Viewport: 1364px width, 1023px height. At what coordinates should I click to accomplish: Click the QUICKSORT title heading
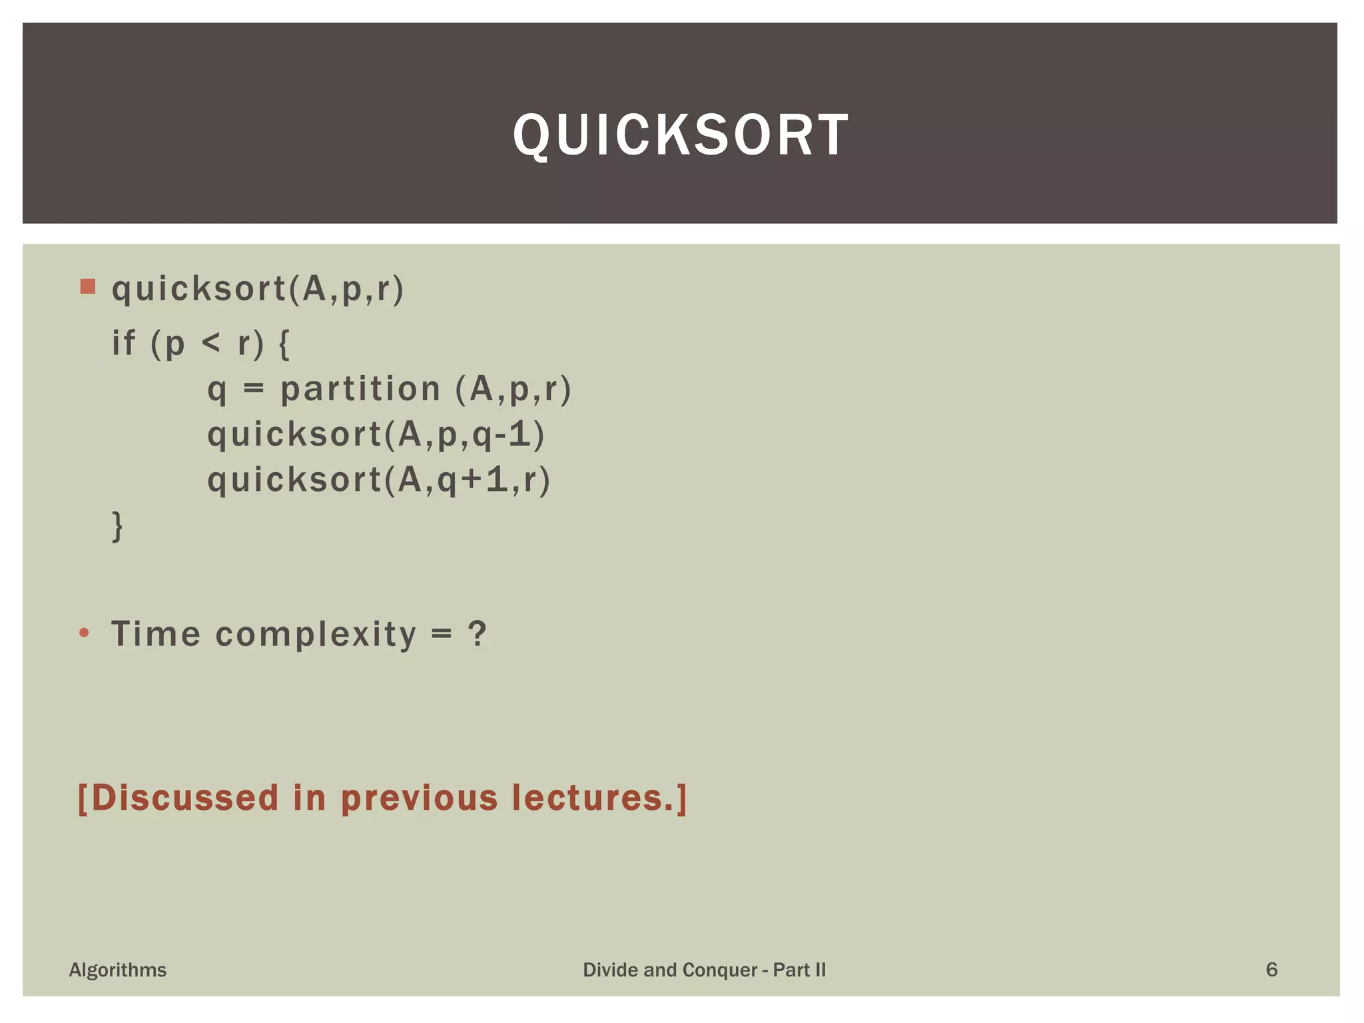click(681, 135)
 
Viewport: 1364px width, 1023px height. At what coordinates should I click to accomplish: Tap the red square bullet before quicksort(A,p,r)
click(87, 286)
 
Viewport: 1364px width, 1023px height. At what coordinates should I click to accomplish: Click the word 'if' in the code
click(124, 344)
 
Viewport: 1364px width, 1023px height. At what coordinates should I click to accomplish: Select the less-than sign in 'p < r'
click(210, 344)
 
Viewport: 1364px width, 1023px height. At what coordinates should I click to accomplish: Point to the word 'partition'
click(360, 390)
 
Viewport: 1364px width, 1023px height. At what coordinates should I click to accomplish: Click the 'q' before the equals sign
click(216, 391)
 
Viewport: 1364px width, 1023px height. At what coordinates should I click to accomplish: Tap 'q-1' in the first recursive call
click(502, 435)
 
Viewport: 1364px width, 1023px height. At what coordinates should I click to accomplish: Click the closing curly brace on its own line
click(117, 526)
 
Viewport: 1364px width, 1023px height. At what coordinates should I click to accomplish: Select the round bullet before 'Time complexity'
click(84, 633)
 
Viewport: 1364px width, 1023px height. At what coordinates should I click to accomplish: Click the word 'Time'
click(156, 633)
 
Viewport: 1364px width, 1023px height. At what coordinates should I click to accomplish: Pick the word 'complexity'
click(316, 635)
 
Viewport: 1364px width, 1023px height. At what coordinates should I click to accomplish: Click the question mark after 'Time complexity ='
click(477, 633)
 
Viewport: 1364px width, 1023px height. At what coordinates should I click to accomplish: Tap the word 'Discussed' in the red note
click(184, 797)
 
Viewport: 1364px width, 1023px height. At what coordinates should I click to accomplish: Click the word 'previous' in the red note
click(419, 799)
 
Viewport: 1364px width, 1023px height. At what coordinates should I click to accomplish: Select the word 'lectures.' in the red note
click(593, 797)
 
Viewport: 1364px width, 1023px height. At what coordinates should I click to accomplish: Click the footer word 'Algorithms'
click(118, 970)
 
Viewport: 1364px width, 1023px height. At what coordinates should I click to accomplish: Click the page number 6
click(1271, 970)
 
